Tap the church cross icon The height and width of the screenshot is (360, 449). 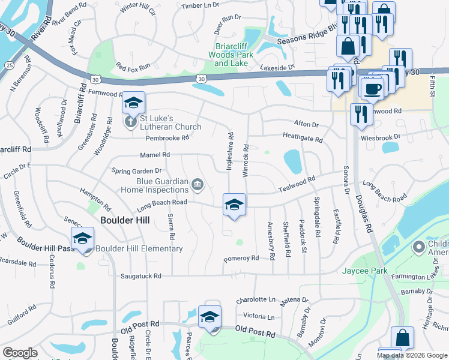130,122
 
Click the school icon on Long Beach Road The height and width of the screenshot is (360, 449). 234,205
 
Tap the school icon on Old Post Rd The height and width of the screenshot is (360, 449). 209,318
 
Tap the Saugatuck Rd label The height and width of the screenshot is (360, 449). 141,276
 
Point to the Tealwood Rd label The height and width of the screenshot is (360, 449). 297,184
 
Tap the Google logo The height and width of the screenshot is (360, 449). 20,353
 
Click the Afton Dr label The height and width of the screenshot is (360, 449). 306,124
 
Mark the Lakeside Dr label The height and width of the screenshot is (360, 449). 278,68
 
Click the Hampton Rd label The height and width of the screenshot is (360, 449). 95,199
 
